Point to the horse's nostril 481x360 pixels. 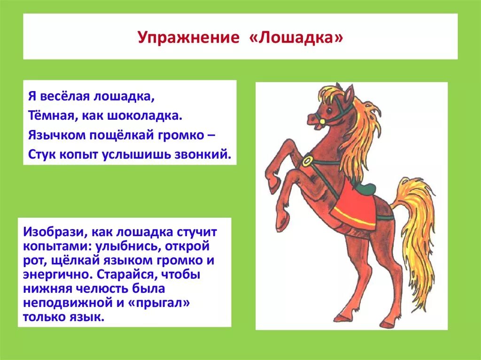[310, 118]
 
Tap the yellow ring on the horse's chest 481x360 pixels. [308, 161]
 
